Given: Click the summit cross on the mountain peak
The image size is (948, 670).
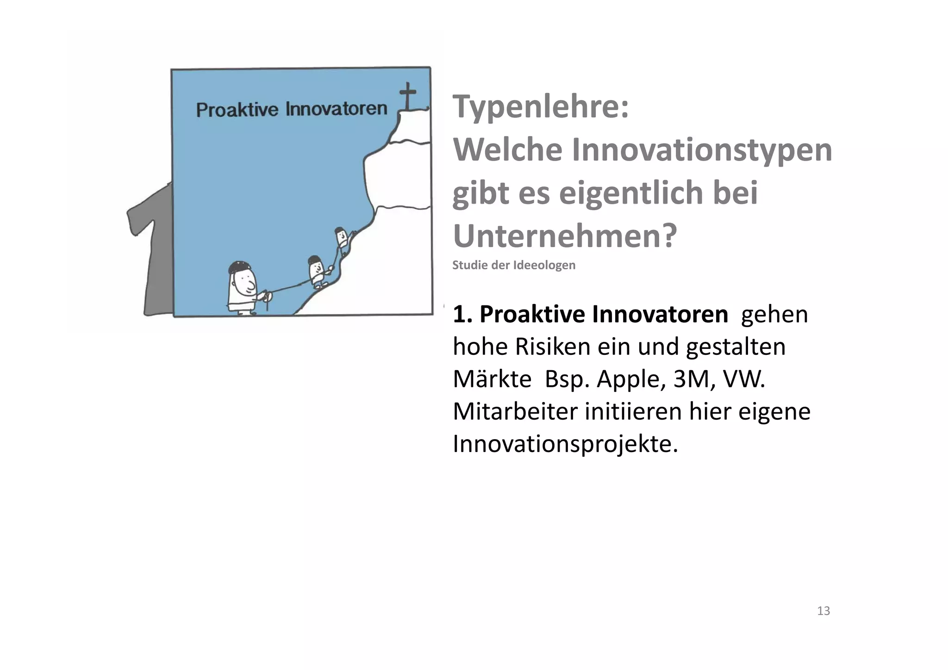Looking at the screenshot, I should pos(407,95).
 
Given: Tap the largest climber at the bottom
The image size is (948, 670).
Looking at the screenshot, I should pos(242,289).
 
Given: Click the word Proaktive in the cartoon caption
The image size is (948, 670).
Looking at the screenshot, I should pos(237,110).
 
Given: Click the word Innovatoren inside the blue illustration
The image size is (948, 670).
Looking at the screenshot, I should pos(336,109).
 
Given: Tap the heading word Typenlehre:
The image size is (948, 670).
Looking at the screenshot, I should pos(540,107).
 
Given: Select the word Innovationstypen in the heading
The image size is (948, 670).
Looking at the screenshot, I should pos(702,150).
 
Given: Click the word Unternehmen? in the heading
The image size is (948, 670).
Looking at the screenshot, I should pos(565,236).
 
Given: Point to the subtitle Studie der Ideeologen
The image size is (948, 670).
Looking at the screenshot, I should pos(513,265).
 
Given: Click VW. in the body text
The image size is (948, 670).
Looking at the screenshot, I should pos(744,379).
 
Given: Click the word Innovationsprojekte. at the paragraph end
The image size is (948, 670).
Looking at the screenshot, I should pos(565,444).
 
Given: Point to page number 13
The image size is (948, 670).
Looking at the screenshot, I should pos(823,611).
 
